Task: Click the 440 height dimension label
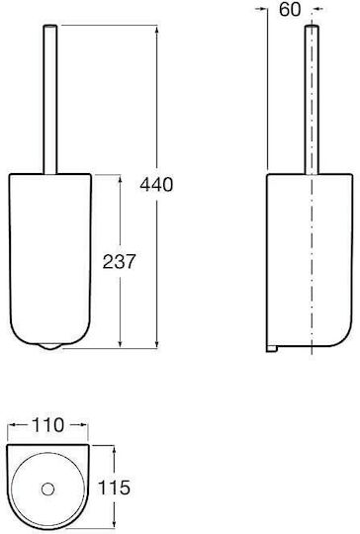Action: (156, 185)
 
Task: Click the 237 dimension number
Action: (120, 261)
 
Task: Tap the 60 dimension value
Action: (290, 9)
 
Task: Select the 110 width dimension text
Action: (47, 424)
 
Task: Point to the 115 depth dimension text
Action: (114, 488)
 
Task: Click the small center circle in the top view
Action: (47, 489)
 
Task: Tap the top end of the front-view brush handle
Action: (50, 26)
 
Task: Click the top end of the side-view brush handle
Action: (312, 27)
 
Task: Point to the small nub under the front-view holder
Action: (50, 347)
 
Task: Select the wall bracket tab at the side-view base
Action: (272, 349)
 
